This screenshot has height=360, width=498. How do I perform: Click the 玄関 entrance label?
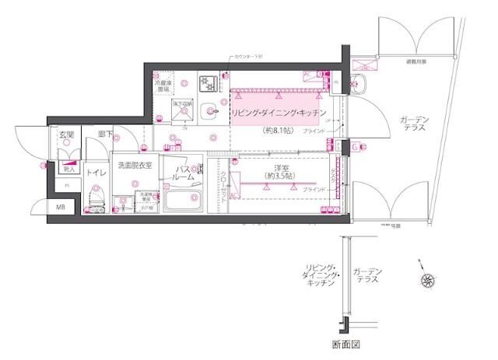pyautogui.click(x=65, y=135)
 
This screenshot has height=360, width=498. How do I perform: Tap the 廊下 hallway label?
pyautogui.click(x=104, y=135)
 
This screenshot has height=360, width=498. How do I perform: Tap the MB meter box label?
pyautogui.click(x=61, y=208)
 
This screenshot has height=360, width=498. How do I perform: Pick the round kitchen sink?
pyautogui.click(x=209, y=112)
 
